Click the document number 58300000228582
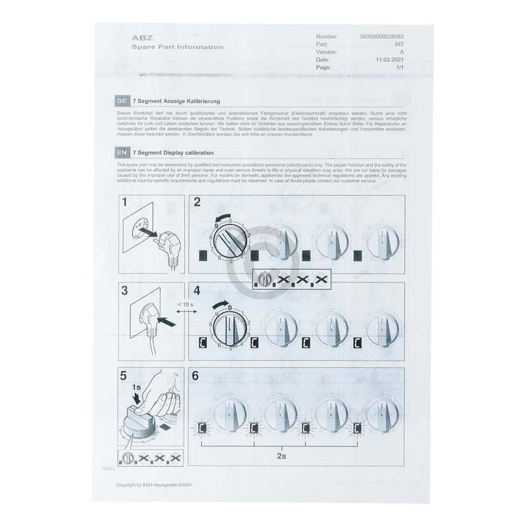(x=381, y=36)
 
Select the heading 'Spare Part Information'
(x=177, y=47)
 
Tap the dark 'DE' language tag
(x=122, y=101)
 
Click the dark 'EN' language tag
(x=122, y=153)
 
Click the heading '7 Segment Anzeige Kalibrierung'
(x=176, y=101)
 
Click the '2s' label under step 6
(x=281, y=453)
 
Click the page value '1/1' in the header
(x=399, y=67)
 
